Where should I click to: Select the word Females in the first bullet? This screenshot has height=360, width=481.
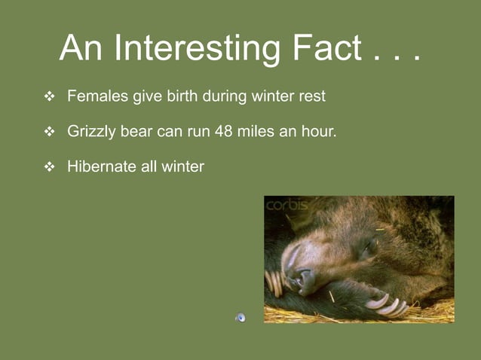coord(98,96)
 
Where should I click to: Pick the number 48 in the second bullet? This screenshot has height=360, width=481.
coord(224,132)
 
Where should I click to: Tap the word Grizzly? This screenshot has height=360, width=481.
coord(92,132)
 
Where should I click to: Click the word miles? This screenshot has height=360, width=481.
coord(258,132)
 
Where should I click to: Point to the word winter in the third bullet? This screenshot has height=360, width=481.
coord(182,166)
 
